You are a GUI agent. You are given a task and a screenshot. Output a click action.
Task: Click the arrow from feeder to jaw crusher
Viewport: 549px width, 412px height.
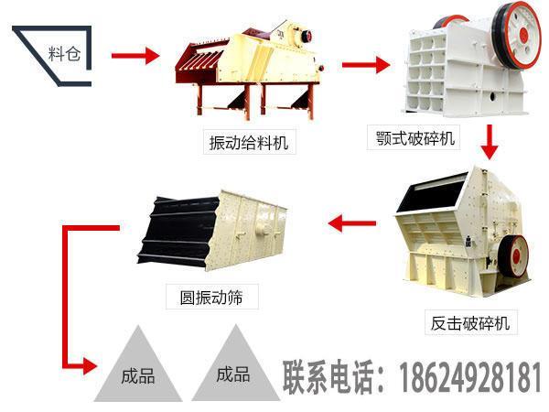pos(365,65)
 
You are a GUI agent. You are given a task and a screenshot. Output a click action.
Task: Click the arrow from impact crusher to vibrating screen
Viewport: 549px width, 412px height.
pos(352,222)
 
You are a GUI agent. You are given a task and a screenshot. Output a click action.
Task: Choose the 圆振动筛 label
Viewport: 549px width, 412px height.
pos(212,296)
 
